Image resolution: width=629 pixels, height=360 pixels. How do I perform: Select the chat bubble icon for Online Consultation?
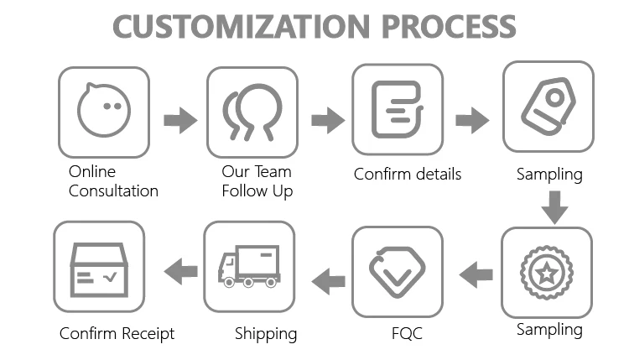point(103,112)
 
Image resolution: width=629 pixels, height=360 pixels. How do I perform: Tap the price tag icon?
point(548,107)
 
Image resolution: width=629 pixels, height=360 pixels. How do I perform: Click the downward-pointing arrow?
point(554,206)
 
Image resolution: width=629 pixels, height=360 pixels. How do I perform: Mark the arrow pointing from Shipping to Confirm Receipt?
point(180,271)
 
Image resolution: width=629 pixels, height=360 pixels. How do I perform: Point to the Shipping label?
point(266,334)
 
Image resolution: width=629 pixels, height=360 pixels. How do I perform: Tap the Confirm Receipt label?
point(117,334)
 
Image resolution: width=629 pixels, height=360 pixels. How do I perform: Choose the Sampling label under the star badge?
point(549,329)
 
